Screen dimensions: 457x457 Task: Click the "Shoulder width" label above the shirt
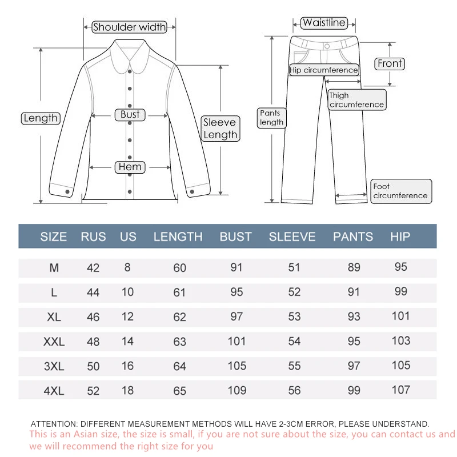130,27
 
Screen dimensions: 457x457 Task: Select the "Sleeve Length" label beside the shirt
221,129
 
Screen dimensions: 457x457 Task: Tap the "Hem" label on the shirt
130,167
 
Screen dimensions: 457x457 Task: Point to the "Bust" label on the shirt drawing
130,114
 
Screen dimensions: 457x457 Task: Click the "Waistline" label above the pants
324,23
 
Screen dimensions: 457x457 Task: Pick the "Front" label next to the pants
390,63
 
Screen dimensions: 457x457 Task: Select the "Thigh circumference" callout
356,100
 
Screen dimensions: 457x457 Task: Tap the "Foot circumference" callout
400,191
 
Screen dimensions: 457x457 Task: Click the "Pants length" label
271,118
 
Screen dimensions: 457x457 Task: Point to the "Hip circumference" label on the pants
324,70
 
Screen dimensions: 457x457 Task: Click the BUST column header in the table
235,236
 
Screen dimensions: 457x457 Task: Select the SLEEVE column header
292,236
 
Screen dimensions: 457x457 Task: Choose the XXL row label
54,342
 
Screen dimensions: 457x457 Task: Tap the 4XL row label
54,391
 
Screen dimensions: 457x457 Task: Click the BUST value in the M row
236,267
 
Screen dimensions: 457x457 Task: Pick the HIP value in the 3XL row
401,366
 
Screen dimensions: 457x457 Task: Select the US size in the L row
127,292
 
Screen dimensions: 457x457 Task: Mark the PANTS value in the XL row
354,316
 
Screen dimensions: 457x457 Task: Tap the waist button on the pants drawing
326,45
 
